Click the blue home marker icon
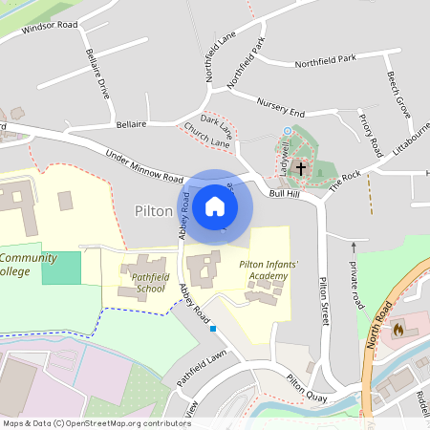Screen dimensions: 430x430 click(x=215, y=206)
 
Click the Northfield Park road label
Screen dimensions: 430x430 click(x=325, y=59)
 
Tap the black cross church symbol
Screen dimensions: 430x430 click(x=301, y=169)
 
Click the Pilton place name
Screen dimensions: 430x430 click(x=153, y=209)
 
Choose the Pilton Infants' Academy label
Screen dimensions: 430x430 click(x=256, y=269)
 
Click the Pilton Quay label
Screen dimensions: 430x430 click(x=308, y=385)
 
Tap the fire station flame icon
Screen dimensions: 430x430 click(x=398, y=328)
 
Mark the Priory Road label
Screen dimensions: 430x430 click(x=370, y=135)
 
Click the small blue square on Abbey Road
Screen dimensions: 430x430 click(x=213, y=330)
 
